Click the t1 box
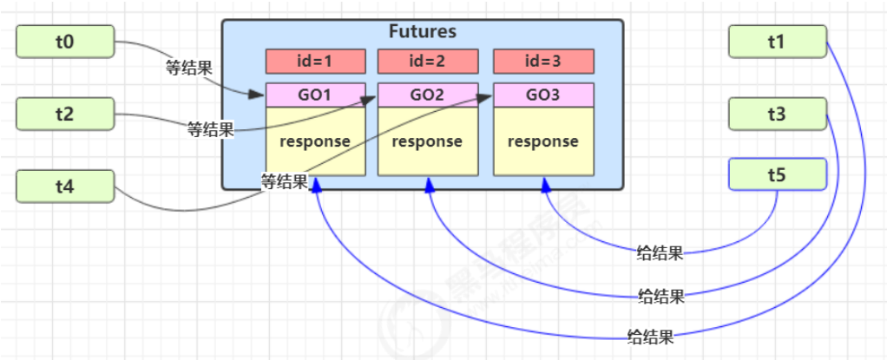pyautogui.click(x=777, y=41)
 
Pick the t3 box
pyautogui.click(x=777, y=114)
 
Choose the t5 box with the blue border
pyautogui.click(x=777, y=174)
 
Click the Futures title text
pyautogui.click(x=424, y=32)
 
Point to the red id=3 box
pyautogui.click(x=543, y=62)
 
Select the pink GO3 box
pyautogui.click(x=543, y=95)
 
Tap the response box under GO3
pyautogui.click(x=543, y=141)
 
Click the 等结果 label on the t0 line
pyautogui.click(x=189, y=67)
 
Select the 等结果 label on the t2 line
pyautogui.click(x=211, y=130)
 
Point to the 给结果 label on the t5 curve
pyautogui.click(x=660, y=254)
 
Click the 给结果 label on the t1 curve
pyautogui.click(x=651, y=335)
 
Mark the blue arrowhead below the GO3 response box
pyautogui.click(x=545, y=184)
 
